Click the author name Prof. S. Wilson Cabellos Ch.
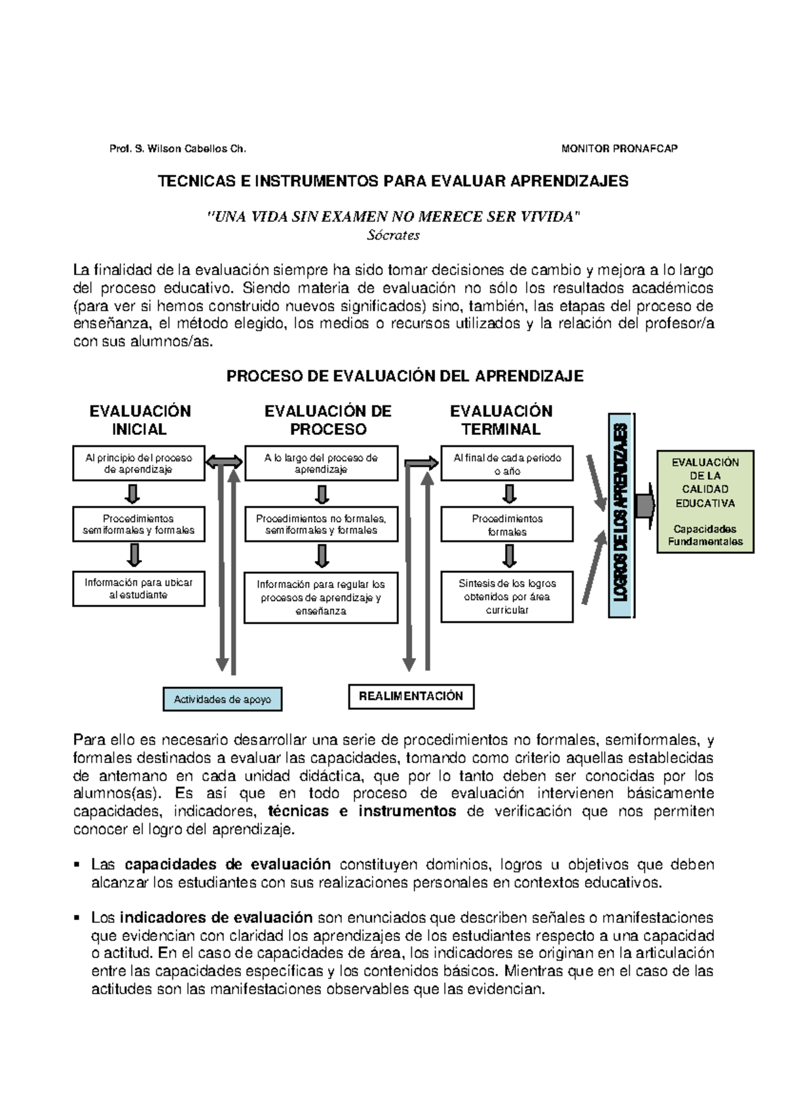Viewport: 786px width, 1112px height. (178, 149)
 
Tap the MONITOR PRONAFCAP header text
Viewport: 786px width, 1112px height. (619, 149)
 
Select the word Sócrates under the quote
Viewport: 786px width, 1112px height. (393, 235)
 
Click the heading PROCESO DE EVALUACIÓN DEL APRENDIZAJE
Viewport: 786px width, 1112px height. (404, 377)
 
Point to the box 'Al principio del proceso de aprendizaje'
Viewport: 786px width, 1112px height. (138, 464)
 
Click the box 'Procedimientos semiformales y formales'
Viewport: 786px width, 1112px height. (138, 525)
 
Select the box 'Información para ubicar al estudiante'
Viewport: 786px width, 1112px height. (138, 588)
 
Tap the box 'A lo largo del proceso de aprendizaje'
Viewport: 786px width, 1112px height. (321, 464)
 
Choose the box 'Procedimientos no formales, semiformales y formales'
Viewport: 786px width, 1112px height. (321, 525)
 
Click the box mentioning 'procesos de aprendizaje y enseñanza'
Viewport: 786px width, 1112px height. (321, 598)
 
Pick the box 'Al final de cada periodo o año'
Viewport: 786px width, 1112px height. (507, 464)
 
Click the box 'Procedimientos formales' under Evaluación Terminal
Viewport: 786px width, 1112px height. (507, 525)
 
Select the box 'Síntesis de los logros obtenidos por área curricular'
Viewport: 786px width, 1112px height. (507, 597)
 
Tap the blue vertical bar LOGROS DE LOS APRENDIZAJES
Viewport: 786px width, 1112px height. (620, 515)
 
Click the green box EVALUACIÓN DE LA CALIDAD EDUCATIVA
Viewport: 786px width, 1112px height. (705, 502)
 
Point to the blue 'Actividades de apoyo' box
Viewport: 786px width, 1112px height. (222, 699)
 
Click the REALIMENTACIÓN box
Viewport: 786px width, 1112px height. (411, 697)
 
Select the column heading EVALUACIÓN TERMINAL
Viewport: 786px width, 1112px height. (501, 420)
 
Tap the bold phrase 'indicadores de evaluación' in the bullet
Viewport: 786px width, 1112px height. (216, 917)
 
